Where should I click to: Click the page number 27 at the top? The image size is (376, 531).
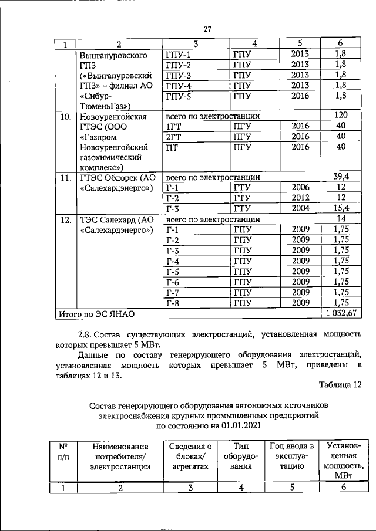(x=207, y=30)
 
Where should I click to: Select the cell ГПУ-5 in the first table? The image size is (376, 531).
(x=179, y=96)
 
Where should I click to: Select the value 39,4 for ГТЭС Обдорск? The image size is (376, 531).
(x=342, y=177)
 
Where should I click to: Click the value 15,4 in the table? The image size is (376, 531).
(x=342, y=208)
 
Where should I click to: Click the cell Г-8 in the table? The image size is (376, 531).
(x=173, y=303)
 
